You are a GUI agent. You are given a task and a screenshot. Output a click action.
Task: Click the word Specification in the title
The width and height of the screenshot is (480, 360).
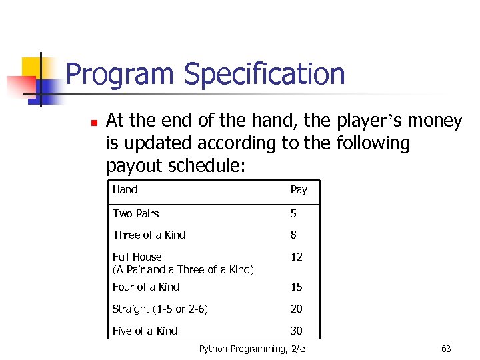[x=265, y=75]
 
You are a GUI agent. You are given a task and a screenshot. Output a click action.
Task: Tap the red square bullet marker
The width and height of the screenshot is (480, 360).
[x=94, y=123]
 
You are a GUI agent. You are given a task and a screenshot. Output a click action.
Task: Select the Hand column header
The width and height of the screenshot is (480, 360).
[x=125, y=190]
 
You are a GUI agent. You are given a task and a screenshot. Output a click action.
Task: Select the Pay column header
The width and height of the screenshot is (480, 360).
[x=299, y=190]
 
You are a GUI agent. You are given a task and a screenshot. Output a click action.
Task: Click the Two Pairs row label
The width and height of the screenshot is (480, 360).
[x=135, y=214]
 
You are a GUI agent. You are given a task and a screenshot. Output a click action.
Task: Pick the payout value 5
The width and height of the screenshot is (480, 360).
[x=293, y=214]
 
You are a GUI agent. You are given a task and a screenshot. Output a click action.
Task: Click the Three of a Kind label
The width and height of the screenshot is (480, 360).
[x=149, y=235]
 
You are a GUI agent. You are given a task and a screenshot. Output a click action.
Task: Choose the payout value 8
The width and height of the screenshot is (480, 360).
[x=293, y=235]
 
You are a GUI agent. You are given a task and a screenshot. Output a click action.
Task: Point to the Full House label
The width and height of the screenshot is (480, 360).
[x=137, y=257]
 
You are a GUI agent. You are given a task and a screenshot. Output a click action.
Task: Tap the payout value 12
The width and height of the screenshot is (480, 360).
[x=296, y=257]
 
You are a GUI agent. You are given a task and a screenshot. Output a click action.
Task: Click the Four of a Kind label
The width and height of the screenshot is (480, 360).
[x=145, y=287]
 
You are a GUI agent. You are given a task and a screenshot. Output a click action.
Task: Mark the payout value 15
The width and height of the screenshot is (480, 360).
[x=296, y=287]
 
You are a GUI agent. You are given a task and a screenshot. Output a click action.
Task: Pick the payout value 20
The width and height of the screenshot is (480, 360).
[x=296, y=309]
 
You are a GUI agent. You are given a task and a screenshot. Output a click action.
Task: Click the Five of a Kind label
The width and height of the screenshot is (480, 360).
[x=145, y=331]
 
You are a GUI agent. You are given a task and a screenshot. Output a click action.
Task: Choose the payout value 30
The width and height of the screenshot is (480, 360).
[x=296, y=331]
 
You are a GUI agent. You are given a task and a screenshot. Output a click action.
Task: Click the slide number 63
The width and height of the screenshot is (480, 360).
[x=446, y=349]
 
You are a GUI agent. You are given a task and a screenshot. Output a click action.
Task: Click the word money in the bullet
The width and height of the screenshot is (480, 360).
[x=435, y=121]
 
